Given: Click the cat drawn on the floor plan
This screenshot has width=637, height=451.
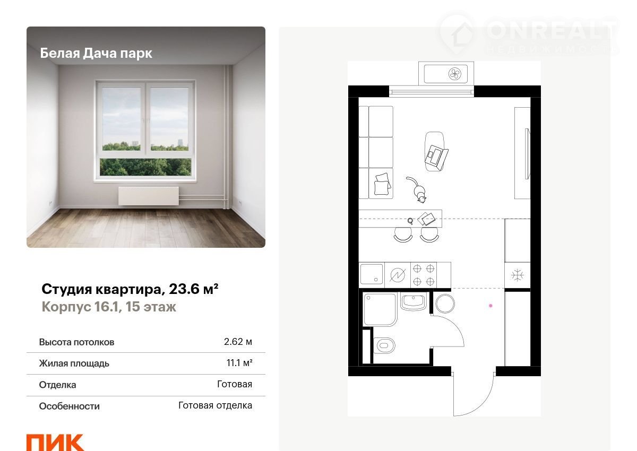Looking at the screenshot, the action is click(x=417, y=189).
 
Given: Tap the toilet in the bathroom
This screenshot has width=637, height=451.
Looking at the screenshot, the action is click(x=384, y=345).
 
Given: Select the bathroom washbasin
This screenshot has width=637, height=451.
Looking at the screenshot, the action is click(x=414, y=301).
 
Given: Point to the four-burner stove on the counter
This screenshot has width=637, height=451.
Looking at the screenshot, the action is click(x=424, y=275).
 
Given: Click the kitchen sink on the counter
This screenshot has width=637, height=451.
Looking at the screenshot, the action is click(x=372, y=274).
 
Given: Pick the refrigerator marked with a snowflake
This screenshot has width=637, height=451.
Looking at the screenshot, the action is click(x=517, y=275).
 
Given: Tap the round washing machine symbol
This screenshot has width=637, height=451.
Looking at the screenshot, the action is click(x=445, y=303).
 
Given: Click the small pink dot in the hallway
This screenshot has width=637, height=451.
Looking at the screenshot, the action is click(x=490, y=306).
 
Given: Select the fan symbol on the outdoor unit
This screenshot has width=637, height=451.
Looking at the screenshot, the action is click(x=455, y=74).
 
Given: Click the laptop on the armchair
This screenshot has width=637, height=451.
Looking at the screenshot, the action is click(x=436, y=157).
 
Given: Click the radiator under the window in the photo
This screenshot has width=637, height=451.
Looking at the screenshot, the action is click(x=149, y=196).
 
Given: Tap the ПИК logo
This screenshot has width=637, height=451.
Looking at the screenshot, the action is click(x=55, y=443).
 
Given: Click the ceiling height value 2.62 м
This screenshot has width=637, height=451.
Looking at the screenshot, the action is click(x=238, y=341).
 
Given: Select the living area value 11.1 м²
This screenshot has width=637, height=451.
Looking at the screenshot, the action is click(x=239, y=362).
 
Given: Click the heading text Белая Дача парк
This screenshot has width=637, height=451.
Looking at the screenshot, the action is click(x=96, y=53).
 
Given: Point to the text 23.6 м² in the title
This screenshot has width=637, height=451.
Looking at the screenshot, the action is click(x=194, y=289).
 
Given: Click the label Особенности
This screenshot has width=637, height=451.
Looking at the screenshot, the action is click(x=70, y=406).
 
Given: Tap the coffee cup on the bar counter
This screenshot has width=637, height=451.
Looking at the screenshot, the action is click(x=410, y=221).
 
